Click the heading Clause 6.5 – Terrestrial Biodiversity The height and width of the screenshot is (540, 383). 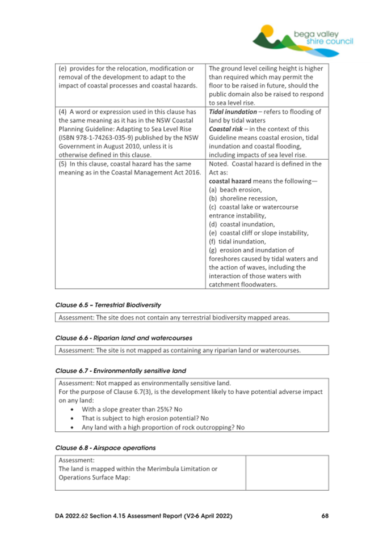coord(108,305)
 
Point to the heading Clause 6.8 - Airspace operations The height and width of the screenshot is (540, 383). coord(105,447)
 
